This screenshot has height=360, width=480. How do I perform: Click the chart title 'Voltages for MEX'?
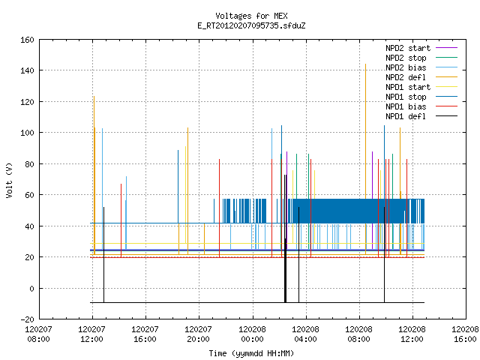tap(251, 16)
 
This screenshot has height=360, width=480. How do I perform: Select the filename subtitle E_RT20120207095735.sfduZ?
tap(251, 25)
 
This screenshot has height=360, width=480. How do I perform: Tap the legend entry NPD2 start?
tap(408, 48)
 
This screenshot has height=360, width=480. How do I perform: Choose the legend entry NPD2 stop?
tap(406, 58)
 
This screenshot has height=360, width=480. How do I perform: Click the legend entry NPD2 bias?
tap(406, 67)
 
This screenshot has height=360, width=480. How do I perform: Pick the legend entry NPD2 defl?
tap(406, 77)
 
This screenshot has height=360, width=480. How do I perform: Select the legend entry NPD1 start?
tap(408, 87)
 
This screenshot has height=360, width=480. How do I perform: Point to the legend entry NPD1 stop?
tap(406, 97)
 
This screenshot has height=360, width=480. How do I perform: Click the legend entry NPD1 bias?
tap(406, 106)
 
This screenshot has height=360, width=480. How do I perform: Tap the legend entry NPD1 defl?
tap(406, 117)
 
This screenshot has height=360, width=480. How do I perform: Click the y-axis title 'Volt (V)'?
tap(10, 180)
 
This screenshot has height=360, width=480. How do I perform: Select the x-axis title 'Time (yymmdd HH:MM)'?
tap(251, 353)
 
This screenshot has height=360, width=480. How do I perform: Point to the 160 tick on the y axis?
tap(27, 40)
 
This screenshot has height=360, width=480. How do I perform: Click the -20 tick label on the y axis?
tap(27, 319)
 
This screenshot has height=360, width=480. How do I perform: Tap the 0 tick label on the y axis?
tap(31, 288)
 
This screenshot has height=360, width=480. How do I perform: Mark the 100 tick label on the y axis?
tap(27, 133)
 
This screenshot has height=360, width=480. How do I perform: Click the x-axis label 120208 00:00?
tap(253, 334)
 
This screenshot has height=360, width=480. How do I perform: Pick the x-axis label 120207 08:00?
tap(38, 334)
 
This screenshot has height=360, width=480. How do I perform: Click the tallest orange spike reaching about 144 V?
tap(365, 159)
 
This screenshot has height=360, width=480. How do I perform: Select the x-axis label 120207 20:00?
tap(199, 334)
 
